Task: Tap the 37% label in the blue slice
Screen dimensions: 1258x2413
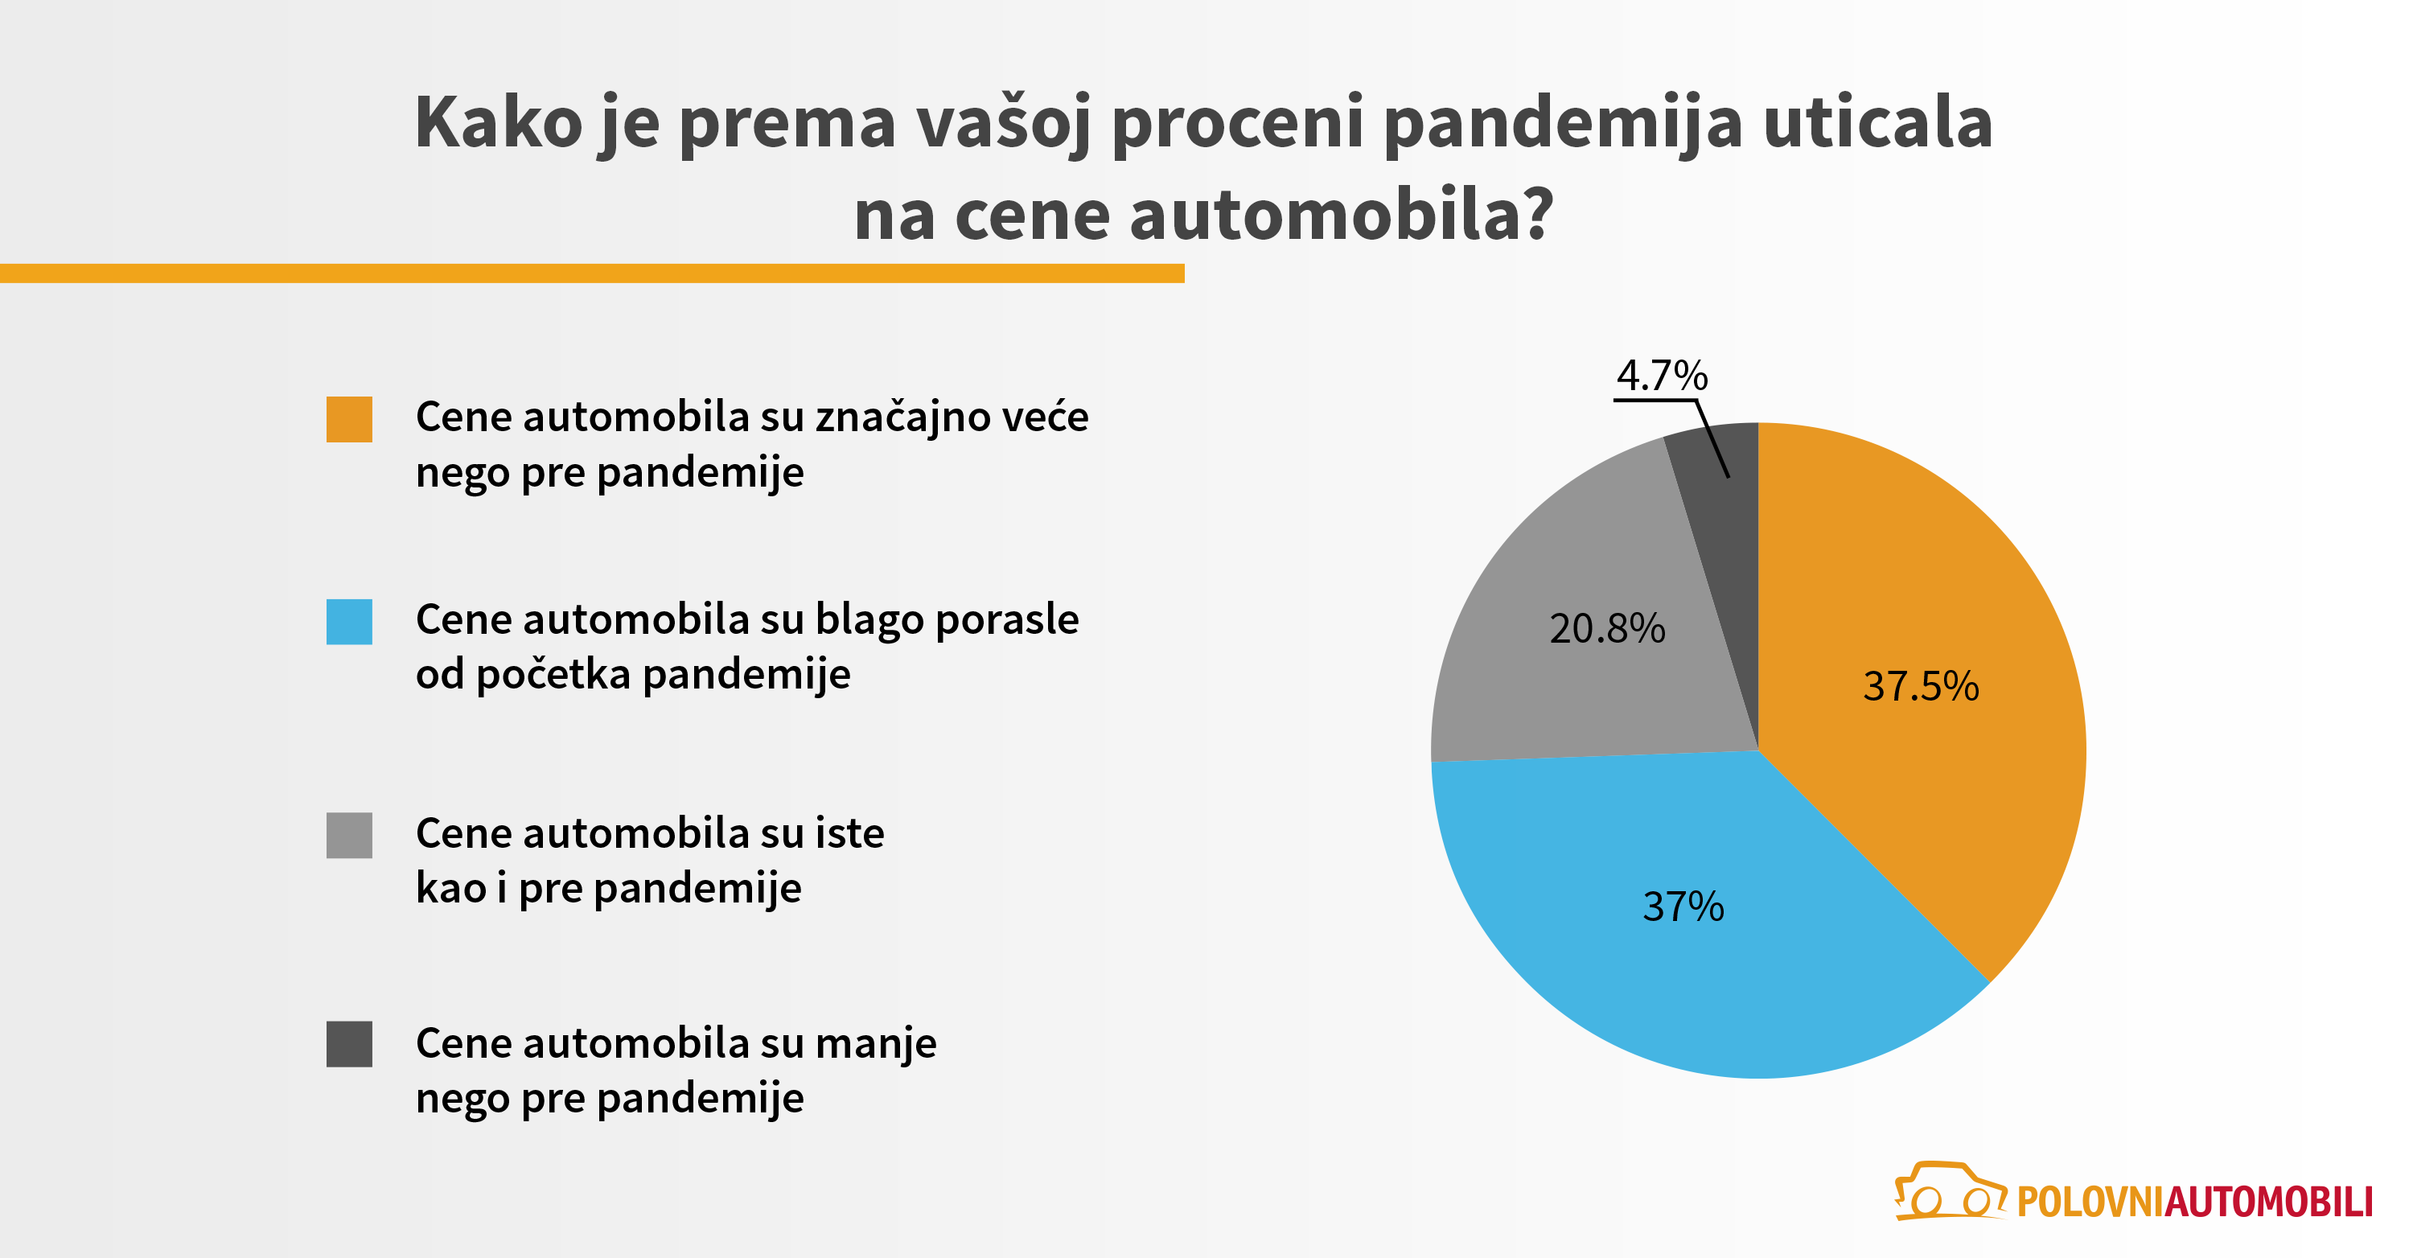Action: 1683,906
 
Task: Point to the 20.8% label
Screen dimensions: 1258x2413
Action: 1606,628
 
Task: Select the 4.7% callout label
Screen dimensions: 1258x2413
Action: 1662,376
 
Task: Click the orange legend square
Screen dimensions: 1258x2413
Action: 348,419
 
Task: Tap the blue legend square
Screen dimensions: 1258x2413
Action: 348,622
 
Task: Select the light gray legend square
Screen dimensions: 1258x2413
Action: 348,835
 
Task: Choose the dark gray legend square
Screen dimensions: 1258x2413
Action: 348,1043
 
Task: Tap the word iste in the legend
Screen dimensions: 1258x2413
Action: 849,833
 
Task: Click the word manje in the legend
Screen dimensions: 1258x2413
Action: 875,1043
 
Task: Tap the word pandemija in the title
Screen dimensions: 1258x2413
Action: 1563,124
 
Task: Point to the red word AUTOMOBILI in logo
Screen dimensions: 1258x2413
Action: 2267,1202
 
